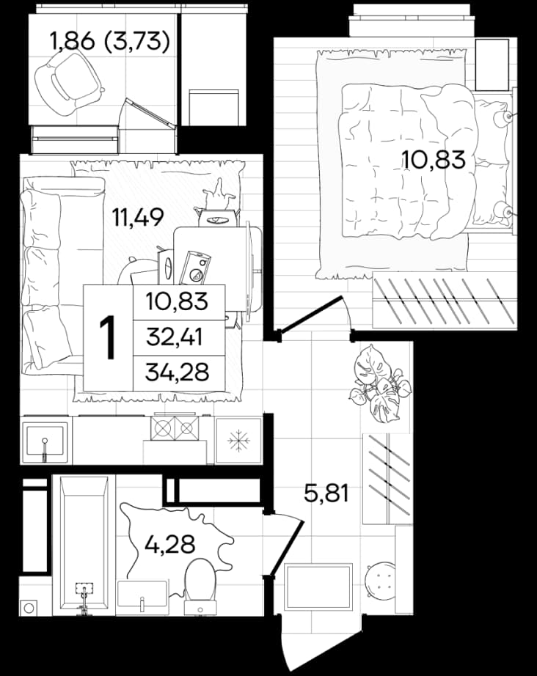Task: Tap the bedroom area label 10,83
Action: [433, 158]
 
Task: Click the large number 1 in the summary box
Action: [107, 337]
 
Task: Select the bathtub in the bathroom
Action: [84, 543]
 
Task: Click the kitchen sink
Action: [45, 439]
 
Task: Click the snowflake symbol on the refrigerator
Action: [237, 440]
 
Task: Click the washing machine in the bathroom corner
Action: [29, 607]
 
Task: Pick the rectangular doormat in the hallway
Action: [318, 586]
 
